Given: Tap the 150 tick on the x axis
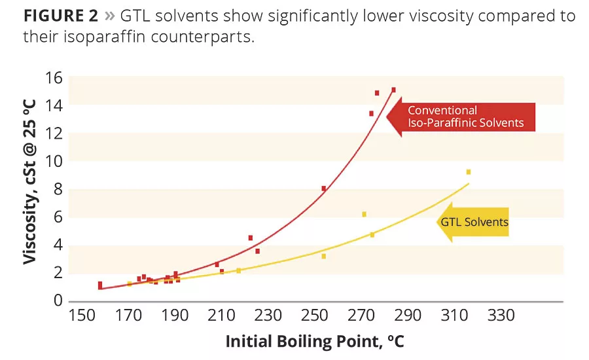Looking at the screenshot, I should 82,316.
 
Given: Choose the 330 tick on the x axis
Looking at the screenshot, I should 500,316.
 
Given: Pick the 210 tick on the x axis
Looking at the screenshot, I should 221,316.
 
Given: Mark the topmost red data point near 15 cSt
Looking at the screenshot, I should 393,90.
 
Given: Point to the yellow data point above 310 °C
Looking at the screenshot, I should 469,172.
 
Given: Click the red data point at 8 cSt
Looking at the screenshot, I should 324,189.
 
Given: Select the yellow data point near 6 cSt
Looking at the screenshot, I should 365,214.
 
